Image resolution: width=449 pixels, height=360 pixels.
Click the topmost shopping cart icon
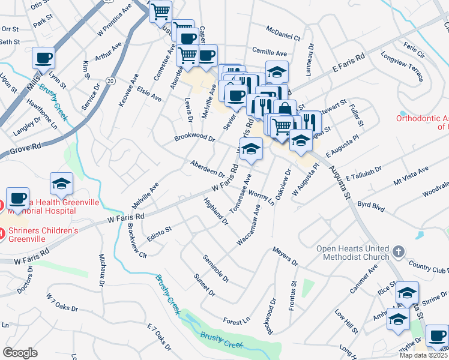[x=160, y=11]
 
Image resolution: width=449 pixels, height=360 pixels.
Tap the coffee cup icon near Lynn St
[x=43, y=58]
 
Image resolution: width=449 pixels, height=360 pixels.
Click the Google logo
[x=20, y=353]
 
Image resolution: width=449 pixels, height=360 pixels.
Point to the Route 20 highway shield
[x=110, y=80]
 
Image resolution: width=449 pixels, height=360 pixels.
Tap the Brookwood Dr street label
[x=194, y=138]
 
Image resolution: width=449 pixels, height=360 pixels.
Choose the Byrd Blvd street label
[x=370, y=205]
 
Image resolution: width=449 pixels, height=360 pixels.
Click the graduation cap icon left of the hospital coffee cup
[x=61, y=184]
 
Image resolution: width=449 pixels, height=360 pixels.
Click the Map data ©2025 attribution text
[x=423, y=355]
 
